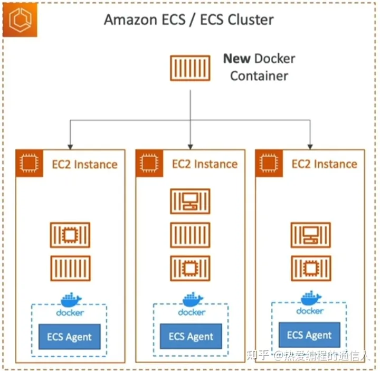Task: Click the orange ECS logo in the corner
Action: [x=20, y=20]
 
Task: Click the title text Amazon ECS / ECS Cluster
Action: [x=188, y=20]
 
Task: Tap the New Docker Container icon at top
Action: [x=190, y=68]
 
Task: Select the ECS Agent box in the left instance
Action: [x=70, y=337]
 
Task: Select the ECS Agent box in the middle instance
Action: [x=191, y=337]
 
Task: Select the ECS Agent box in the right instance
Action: [x=309, y=335]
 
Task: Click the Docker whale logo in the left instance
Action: [x=71, y=300]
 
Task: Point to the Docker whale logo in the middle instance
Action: [x=192, y=300]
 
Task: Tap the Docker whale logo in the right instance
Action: [x=310, y=299]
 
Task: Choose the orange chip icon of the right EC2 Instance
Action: [x=268, y=163]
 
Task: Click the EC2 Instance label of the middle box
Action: [x=204, y=164]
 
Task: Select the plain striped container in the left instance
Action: [x=70, y=269]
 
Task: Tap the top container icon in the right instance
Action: [x=310, y=235]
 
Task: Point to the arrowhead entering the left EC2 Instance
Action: [x=70, y=144]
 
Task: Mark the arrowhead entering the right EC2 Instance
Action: [x=310, y=144]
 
